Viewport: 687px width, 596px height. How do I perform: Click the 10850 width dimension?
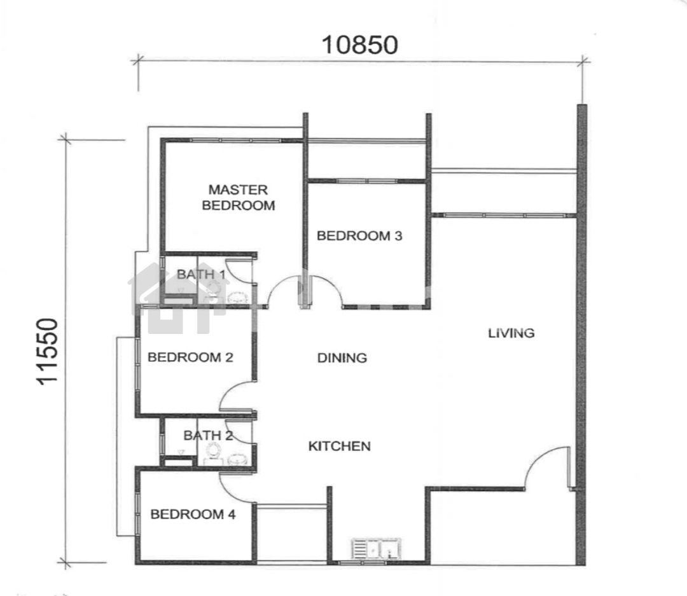(359, 45)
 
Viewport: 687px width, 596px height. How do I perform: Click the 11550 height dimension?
(47, 352)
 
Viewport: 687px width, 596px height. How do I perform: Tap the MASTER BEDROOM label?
(239, 197)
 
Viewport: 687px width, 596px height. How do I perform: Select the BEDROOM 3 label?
(359, 236)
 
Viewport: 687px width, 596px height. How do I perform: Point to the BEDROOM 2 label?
(190, 357)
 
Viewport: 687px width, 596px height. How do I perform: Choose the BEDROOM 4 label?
(193, 514)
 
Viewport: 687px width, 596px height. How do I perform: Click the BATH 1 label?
(201, 275)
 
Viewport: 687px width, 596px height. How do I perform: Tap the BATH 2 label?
(208, 436)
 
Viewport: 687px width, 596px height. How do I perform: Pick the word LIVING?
(511, 333)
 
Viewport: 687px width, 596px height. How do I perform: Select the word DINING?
(342, 358)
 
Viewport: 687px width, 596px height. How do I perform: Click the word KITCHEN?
(340, 446)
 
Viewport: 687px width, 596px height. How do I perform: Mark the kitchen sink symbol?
(377, 549)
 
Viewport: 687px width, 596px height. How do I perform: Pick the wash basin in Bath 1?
(237, 298)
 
